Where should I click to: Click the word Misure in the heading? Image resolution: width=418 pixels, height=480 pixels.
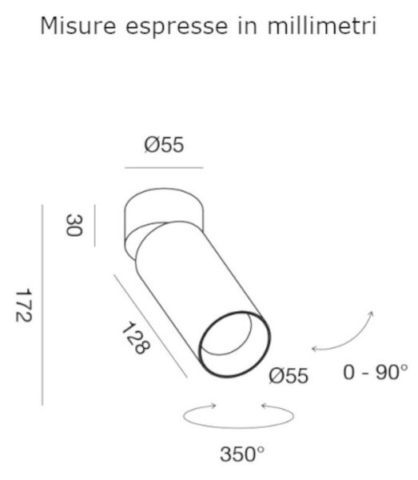(78, 26)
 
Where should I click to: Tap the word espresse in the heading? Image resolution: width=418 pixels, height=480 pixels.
(177, 27)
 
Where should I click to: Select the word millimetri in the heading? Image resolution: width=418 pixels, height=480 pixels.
(322, 26)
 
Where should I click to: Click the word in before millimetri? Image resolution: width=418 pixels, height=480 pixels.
(248, 26)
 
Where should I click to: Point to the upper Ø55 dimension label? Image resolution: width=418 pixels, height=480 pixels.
(164, 145)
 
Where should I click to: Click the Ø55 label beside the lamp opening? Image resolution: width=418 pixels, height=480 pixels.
(289, 376)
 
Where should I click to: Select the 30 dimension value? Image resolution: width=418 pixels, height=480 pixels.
(74, 225)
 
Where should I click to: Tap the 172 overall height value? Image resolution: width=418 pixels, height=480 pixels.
(23, 305)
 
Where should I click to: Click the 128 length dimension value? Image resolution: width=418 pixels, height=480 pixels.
(136, 338)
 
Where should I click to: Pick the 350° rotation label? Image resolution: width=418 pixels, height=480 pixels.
(242, 454)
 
